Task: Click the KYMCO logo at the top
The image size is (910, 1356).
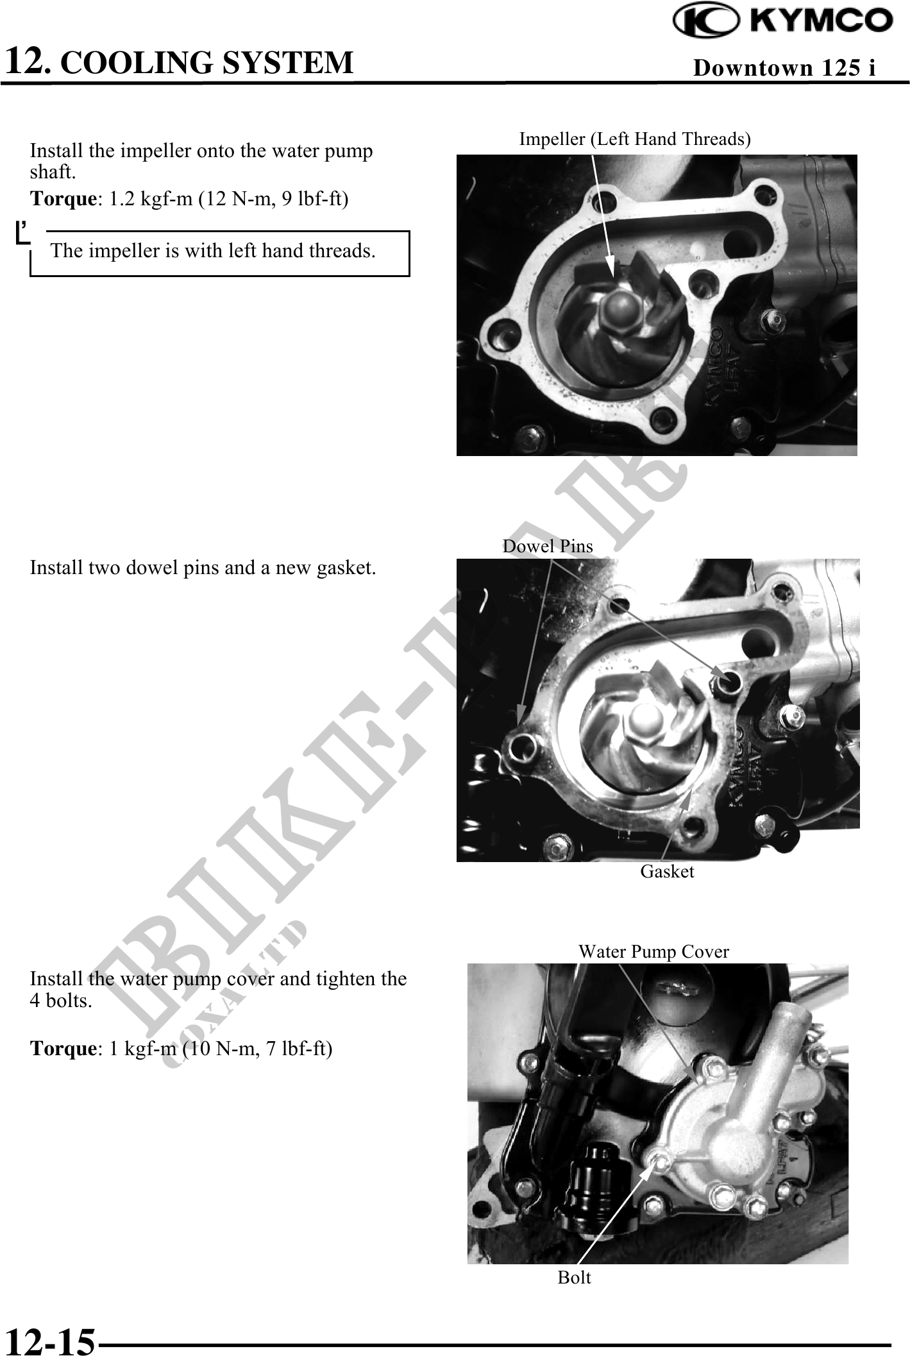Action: click(783, 21)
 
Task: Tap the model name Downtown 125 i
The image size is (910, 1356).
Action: click(784, 67)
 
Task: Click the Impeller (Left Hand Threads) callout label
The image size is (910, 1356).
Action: click(635, 139)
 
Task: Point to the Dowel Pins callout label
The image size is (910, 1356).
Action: click(548, 546)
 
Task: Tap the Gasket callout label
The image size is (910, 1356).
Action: click(667, 871)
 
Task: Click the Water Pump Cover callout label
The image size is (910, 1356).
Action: click(653, 951)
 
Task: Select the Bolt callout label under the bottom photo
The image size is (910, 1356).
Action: click(574, 1277)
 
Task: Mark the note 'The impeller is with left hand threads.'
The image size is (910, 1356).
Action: click(214, 250)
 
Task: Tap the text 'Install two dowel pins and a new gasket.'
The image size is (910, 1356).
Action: click(203, 568)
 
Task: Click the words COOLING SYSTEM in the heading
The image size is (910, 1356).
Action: click(206, 62)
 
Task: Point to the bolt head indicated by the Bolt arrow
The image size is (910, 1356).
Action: click(657, 1160)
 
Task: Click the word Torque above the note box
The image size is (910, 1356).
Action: click(63, 199)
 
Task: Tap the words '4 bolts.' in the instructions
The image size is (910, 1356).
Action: click(61, 1000)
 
